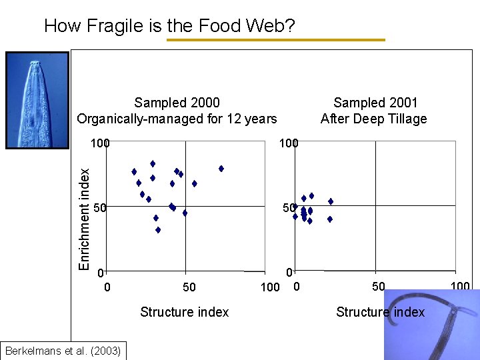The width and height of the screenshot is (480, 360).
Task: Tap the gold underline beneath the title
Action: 275,40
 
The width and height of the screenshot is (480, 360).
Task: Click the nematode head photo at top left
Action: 37,99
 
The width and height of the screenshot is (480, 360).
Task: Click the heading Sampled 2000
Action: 177,103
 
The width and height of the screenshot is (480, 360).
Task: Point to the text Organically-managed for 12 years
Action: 177,119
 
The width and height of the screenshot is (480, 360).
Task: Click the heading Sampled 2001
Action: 375,103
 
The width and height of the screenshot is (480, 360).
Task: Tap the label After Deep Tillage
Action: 373,119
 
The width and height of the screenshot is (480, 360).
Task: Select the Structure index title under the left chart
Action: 185,312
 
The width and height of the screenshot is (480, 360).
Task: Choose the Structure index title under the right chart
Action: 380,312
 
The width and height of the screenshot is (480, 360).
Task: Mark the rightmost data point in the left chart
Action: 221,169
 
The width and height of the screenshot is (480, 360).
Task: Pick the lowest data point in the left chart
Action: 158,230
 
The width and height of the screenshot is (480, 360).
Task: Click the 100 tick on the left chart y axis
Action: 101,143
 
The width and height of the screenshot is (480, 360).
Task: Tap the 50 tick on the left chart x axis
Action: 189,287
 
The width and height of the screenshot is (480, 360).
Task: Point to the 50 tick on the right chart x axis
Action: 378,287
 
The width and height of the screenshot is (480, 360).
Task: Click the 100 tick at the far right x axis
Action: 460,287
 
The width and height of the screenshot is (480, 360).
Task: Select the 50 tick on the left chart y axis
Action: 100,209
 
